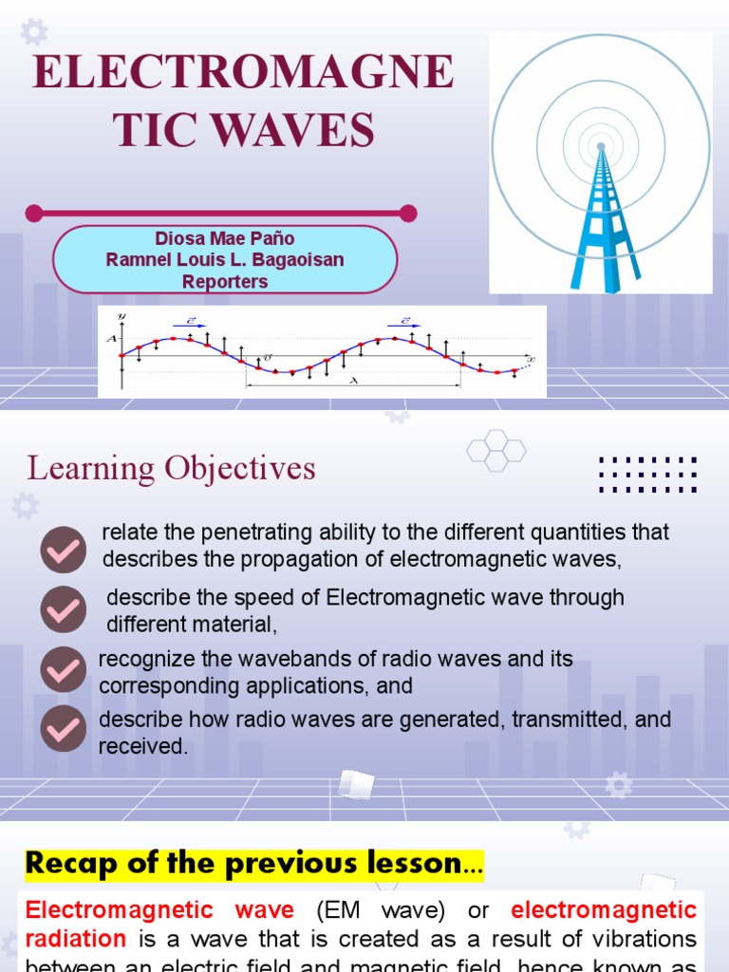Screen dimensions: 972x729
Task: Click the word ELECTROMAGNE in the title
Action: tap(243, 73)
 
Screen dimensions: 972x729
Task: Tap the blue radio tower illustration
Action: tap(602, 218)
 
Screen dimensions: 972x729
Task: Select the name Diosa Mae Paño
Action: tap(225, 238)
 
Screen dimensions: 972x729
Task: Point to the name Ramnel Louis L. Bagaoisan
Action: tap(225, 260)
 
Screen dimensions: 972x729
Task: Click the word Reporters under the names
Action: tap(225, 282)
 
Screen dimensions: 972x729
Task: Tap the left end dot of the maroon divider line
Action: tap(34, 213)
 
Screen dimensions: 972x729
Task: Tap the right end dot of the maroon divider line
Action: tap(408, 213)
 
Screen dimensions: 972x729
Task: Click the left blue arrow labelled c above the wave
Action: tap(190, 322)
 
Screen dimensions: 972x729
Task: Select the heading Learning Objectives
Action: tap(171, 468)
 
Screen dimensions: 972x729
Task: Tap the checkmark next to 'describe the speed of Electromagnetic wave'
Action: tap(63, 610)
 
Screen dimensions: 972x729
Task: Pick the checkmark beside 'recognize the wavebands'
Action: tap(63, 670)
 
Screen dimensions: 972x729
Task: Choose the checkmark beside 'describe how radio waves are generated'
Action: tap(63, 728)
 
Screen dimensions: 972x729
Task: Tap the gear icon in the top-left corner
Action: tap(33, 32)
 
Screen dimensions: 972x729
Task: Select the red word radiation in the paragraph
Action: tap(75, 939)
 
